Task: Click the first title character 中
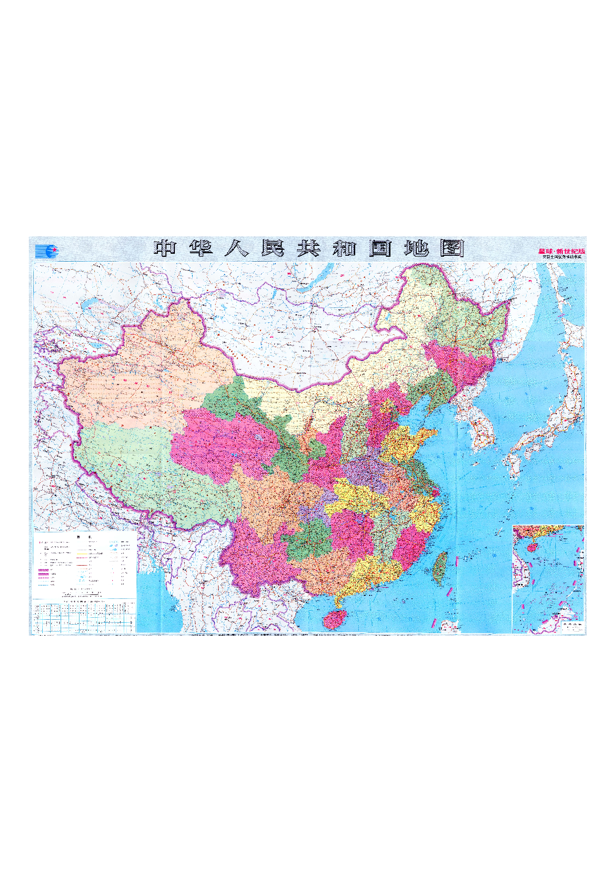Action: click(x=165, y=248)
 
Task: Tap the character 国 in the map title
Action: click(x=380, y=248)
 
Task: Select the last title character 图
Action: click(x=452, y=248)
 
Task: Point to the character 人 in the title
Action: click(x=236, y=248)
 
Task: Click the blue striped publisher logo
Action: click(x=47, y=251)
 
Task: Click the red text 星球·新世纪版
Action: click(x=562, y=251)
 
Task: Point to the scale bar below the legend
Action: click(x=82, y=593)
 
